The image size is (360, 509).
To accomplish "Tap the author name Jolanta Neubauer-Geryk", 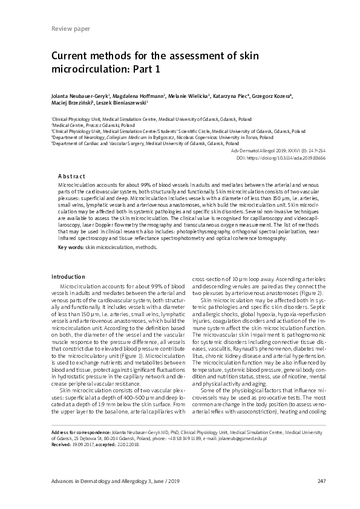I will [79, 96].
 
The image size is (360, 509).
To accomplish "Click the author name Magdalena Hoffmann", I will [138, 96].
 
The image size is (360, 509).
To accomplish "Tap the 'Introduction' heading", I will [69, 276].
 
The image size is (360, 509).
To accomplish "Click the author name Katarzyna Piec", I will [227, 96].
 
